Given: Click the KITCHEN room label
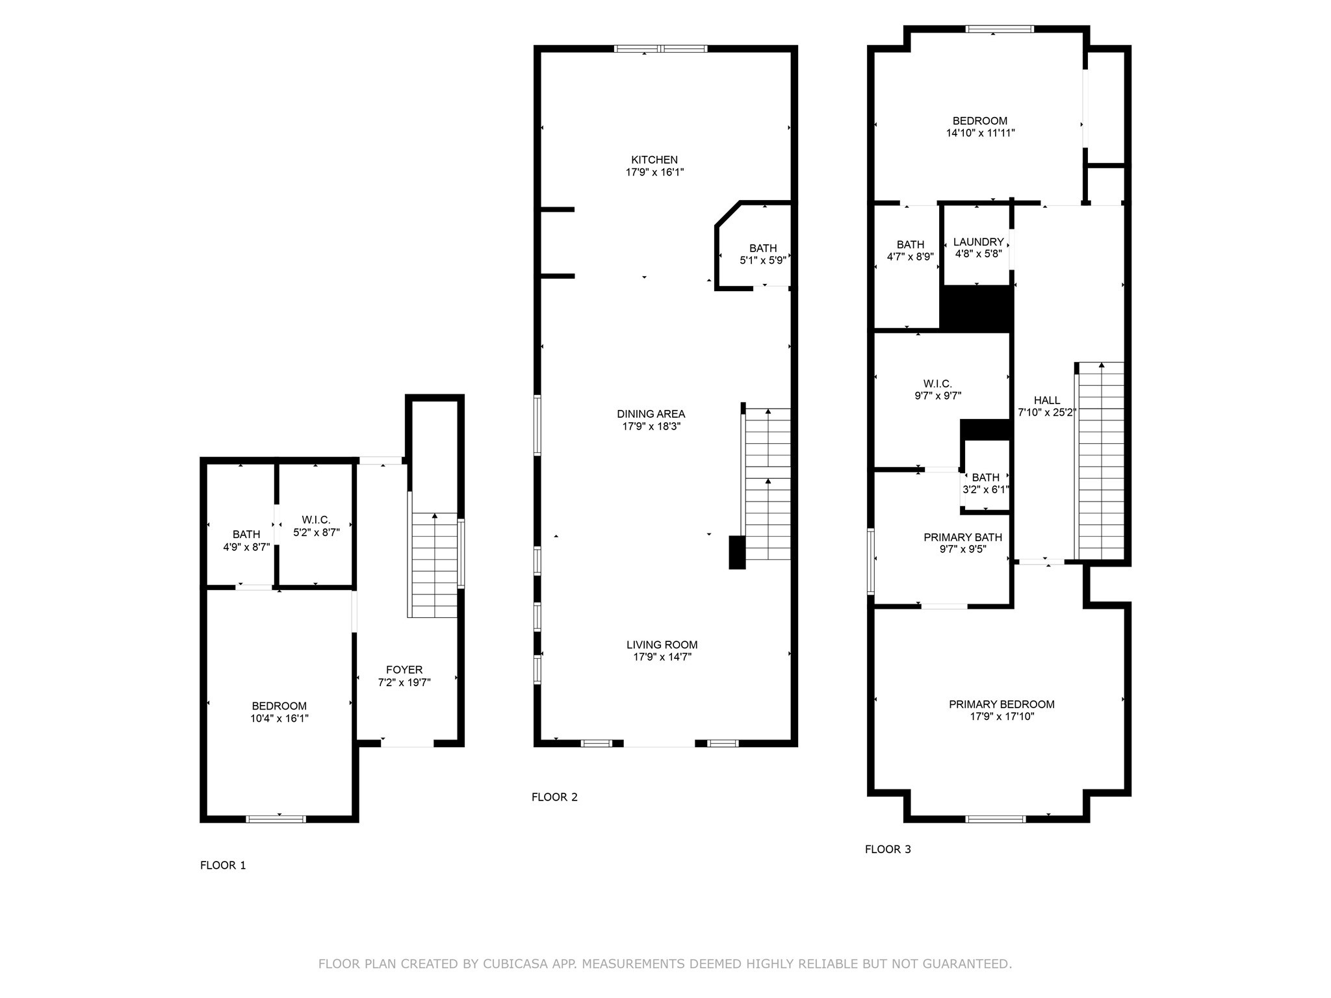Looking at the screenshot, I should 654,160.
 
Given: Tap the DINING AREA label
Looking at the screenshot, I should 651,414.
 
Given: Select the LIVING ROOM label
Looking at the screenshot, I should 662,645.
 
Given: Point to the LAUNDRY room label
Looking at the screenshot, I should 978,242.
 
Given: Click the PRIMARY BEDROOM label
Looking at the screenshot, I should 1001,704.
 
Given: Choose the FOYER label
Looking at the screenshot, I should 404,670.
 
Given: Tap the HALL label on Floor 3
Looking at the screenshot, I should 1046,400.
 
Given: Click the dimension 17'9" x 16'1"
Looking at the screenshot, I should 654,173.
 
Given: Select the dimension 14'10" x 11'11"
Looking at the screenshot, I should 980,133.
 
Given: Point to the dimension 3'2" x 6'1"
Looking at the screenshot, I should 985,490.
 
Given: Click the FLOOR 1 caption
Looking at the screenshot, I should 223,865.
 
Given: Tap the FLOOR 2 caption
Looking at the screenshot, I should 554,797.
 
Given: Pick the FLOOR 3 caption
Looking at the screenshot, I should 888,849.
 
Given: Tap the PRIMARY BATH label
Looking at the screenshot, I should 963,537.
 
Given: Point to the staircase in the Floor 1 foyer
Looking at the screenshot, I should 434,565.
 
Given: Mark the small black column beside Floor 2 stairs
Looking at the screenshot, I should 736,552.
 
